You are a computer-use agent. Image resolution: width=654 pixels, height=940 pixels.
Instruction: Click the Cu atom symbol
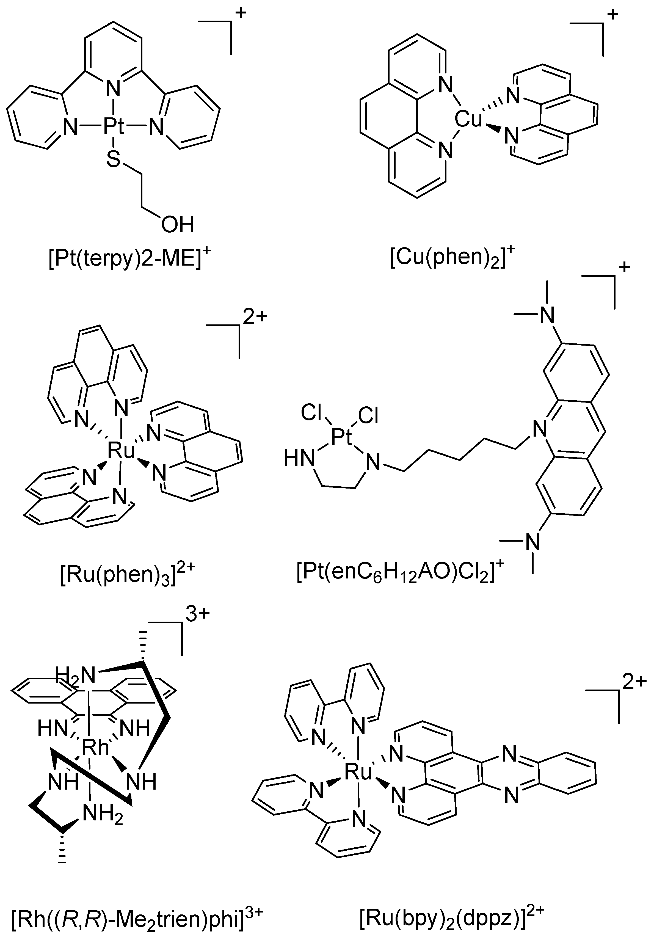coord(468,120)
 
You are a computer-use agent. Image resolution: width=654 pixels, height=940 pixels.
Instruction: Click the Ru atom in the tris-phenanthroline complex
coord(121,451)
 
